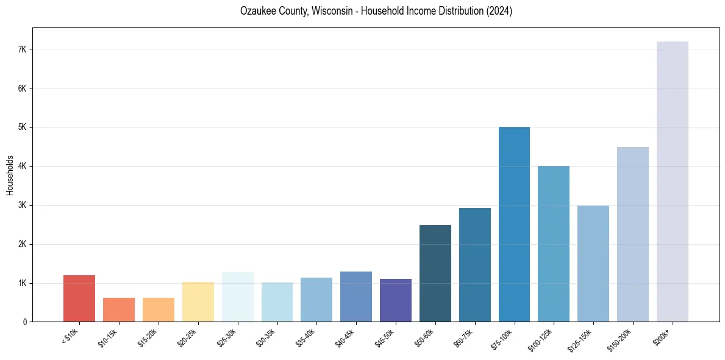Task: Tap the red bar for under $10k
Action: click(x=79, y=298)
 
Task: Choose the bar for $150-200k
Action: click(x=632, y=234)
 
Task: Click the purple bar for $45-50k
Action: click(x=396, y=300)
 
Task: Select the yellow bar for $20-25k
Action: click(x=198, y=301)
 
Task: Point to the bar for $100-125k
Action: click(x=554, y=244)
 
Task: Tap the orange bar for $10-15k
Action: click(x=119, y=309)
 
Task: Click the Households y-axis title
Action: click(x=10, y=175)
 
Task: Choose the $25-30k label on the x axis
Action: click(x=229, y=336)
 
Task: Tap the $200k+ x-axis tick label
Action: click(x=664, y=334)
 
